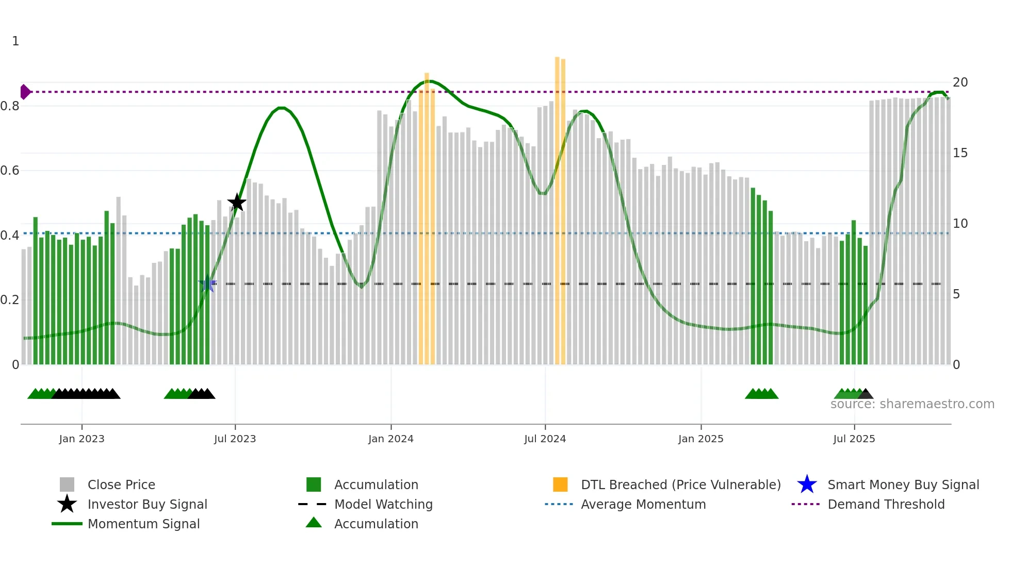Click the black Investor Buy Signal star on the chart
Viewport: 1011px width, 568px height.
pyautogui.click(x=237, y=203)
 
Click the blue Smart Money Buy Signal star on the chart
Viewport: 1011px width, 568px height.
pyautogui.click(x=207, y=283)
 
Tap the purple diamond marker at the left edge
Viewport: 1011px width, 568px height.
pyautogui.click(x=25, y=92)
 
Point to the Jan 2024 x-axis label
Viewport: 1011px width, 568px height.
pyautogui.click(x=390, y=439)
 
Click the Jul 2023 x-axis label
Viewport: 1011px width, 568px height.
pyautogui.click(x=235, y=439)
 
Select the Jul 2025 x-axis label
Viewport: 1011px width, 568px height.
pyautogui.click(x=854, y=439)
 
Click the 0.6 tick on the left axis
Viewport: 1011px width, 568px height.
pyautogui.click(x=10, y=171)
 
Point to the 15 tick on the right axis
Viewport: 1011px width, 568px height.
pyautogui.click(x=960, y=153)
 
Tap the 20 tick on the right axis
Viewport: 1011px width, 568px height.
pyautogui.click(x=960, y=82)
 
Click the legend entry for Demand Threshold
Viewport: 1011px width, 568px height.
pyautogui.click(x=886, y=504)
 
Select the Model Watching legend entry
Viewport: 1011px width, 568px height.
pyautogui.click(x=383, y=504)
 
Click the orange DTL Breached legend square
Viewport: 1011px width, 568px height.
pyautogui.click(x=560, y=485)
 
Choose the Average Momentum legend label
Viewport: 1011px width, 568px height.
pyautogui.click(x=643, y=504)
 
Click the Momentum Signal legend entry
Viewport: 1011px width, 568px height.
pyautogui.click(x=143, y=524)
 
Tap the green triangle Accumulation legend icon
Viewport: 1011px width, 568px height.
pyautogui.click(x=314, y=523)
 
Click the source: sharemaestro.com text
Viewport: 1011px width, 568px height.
pyautogui.click(x=912, y=404)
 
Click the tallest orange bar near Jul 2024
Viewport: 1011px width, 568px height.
pyautogui.click(x=557, y=206)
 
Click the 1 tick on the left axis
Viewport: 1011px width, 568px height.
pyautogui.click(x=15, y=41)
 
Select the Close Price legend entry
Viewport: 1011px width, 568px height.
pyautogui.click(x=121, y=485)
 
